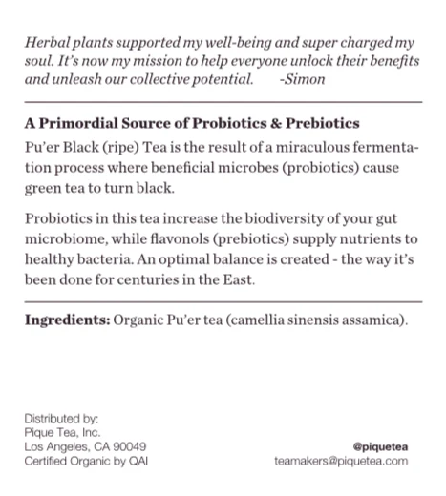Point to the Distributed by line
point(61,417)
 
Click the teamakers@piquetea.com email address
point(341,461)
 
